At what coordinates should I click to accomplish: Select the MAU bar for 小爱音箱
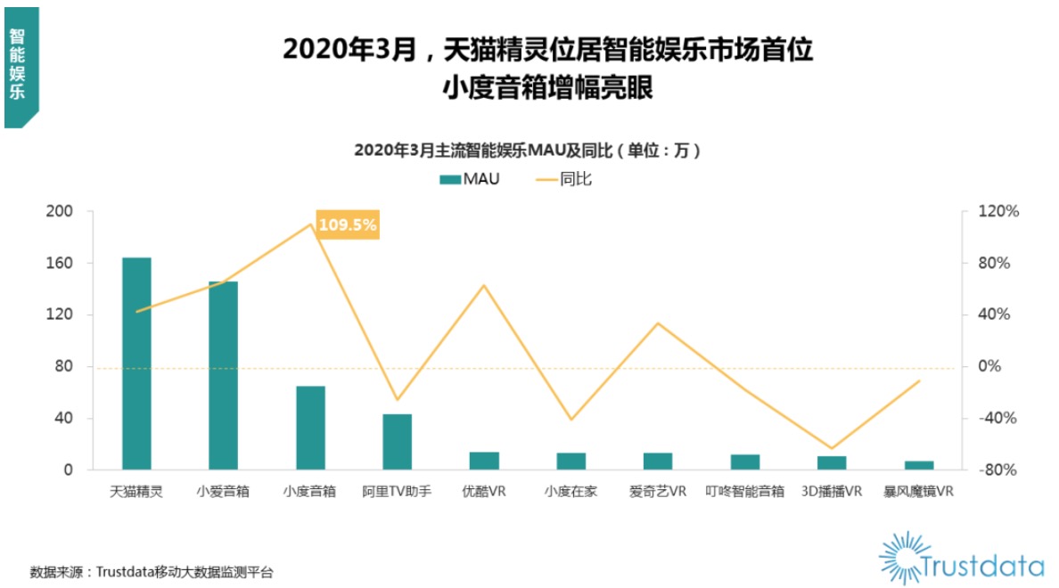click(x=223, y=375)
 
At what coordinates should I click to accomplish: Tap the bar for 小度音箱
click(x=310, y=428)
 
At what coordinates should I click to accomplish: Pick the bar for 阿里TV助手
click(x=398, y=442)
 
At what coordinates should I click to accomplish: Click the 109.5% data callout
click(x=348, y=225)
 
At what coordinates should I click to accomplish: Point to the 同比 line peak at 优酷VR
click(x=484, y=285)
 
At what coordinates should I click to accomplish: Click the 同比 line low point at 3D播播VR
click(x=832, y=448)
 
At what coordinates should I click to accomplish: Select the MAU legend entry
click(x=469, y=179)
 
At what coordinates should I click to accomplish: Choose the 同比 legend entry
click(x=563, y=179)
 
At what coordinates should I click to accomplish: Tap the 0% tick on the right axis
click(x=990, y=366)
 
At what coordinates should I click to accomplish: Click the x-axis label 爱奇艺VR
click(x=658, y=491)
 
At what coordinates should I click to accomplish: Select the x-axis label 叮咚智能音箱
click(x=744, y=491)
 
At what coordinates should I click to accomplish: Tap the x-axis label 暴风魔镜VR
click(x=918, y=491)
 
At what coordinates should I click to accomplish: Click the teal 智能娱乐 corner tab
click(x=20, y=67)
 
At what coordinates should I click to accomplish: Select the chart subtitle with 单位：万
click(x=528, y=151)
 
